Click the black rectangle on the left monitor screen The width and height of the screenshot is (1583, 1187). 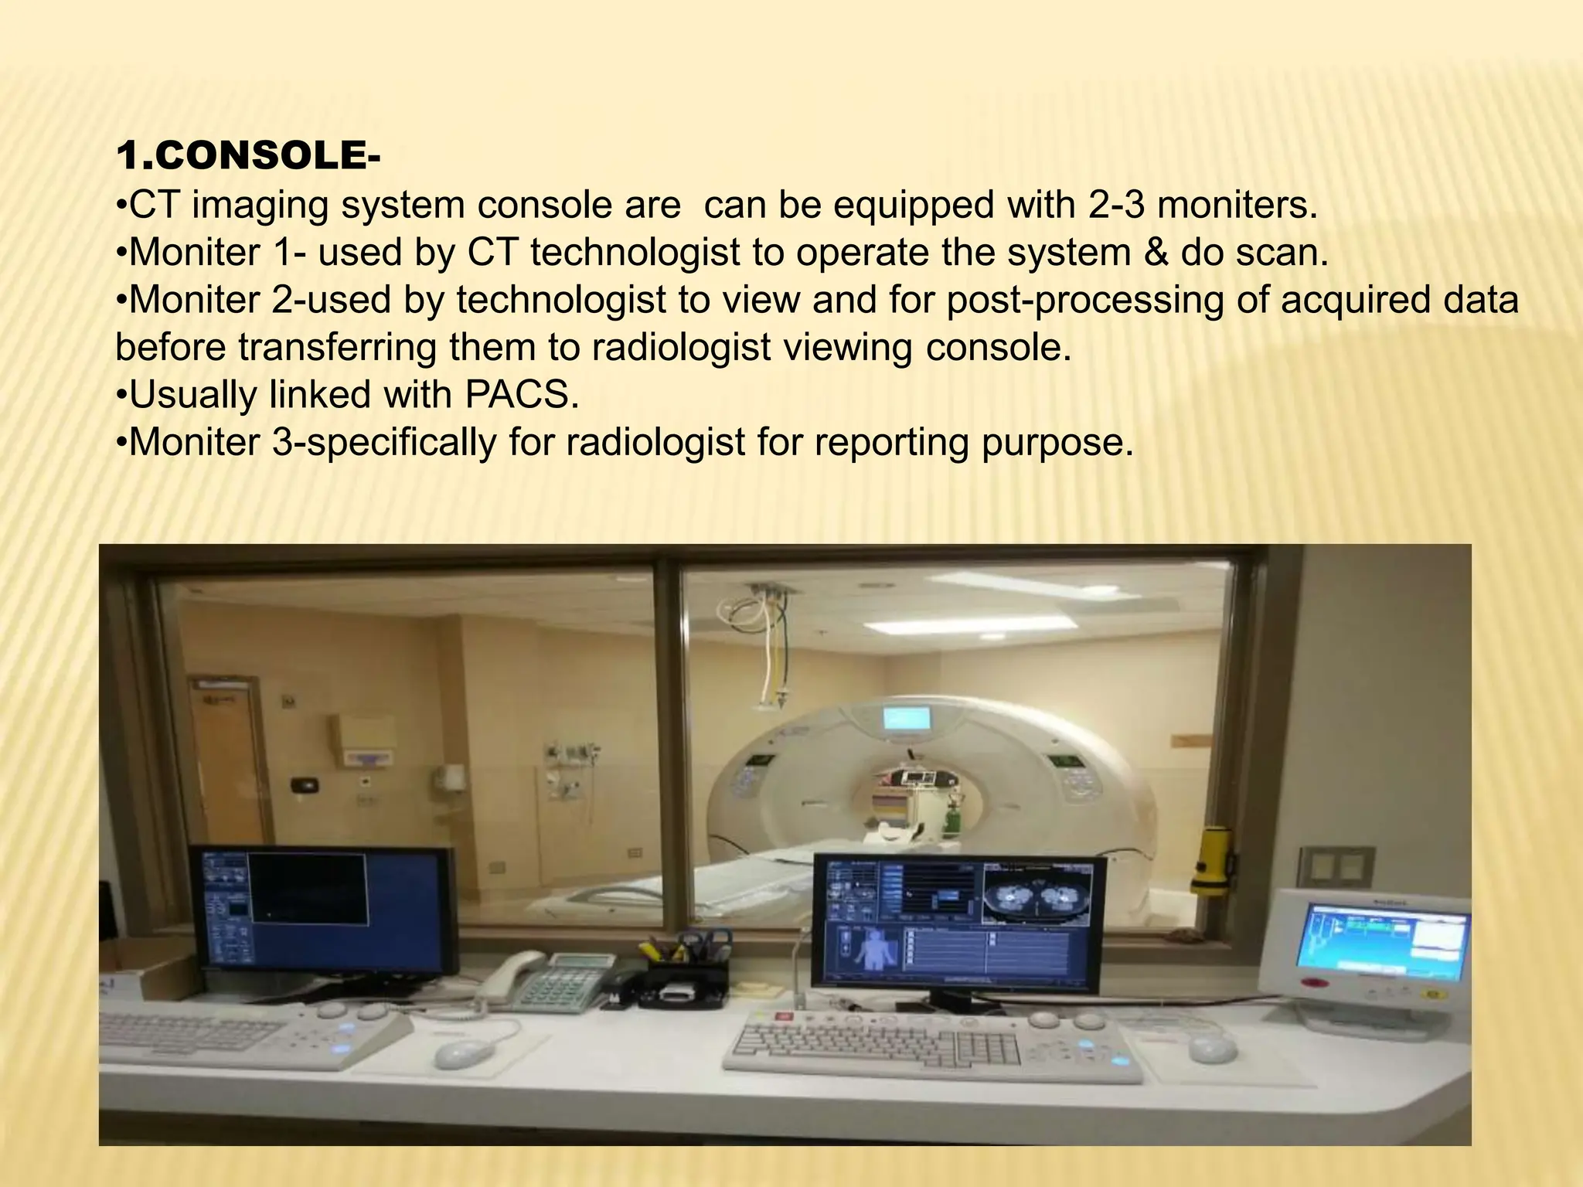(x=308, y=889)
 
